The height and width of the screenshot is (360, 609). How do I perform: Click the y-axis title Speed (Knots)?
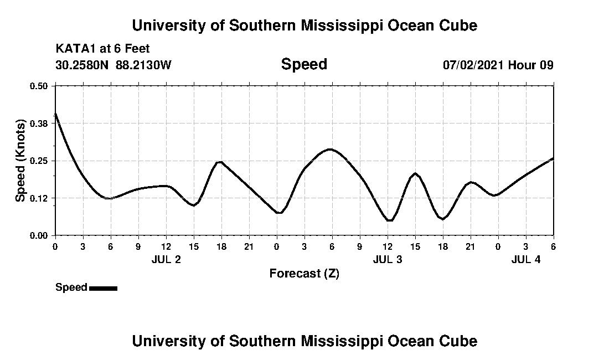[x=20, y=161]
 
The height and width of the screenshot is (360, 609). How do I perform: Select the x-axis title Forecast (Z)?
[x=304, y=274]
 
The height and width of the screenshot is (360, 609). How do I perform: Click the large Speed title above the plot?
[x=304, y=64]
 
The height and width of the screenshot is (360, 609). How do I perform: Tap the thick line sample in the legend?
[x=103, y=288]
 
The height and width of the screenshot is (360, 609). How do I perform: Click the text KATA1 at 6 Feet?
[x=102, y=49]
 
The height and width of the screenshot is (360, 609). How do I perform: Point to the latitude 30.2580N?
[x=82, y=65]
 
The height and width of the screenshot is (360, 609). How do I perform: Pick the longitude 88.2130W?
[x=144, y=65]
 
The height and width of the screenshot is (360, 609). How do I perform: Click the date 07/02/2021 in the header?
[x=473, y=65]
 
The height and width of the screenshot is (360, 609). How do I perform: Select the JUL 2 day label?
[x=166, y=259]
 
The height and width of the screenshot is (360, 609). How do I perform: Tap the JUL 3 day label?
[x=388, y=259]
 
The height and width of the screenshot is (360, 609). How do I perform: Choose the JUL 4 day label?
[x=526, y=259]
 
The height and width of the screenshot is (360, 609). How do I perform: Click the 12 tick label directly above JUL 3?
[x=388, y=246]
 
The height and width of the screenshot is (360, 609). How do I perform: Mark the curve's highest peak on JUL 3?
[x=330, y=149]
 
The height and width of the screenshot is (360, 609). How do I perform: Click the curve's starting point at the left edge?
[x=55, y=114]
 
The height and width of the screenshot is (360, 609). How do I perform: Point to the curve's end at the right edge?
[x=553, y=158]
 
